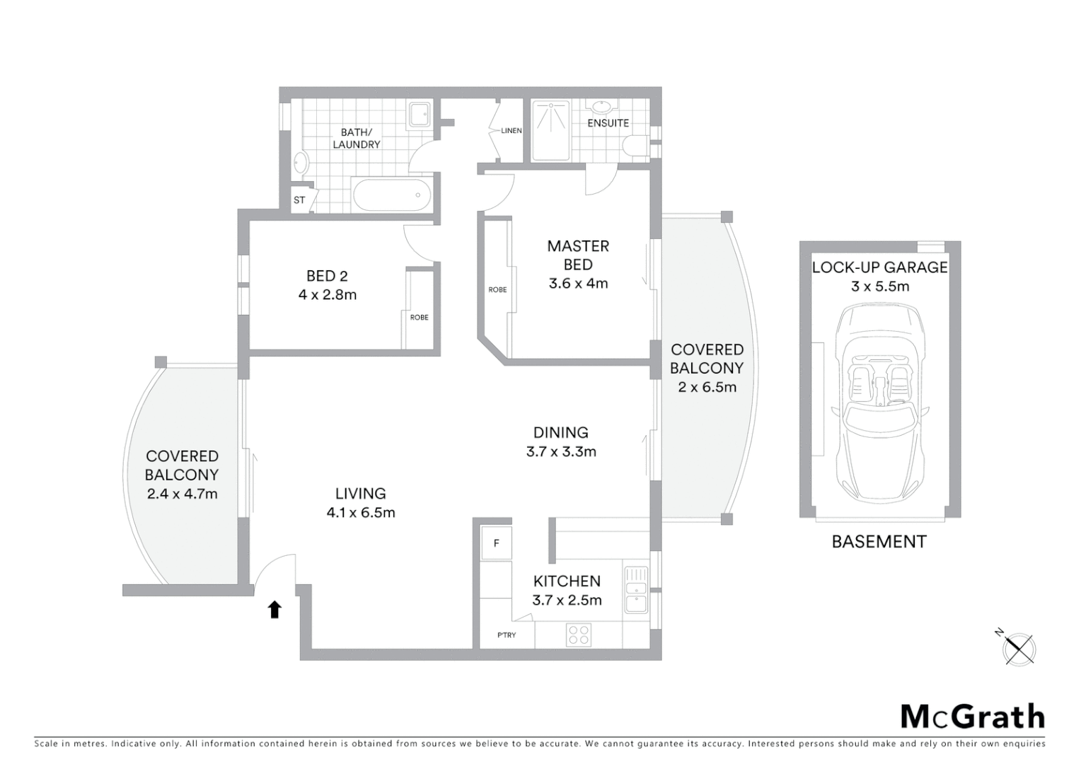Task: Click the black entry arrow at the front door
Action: point(274,609)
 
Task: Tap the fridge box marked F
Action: point(496,543)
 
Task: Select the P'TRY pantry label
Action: point(507,635)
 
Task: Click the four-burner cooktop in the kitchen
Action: point(579,635)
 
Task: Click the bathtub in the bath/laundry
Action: point(392,195)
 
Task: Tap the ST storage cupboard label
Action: point(299,199)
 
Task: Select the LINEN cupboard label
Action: point(511,130)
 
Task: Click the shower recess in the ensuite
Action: point(550,130)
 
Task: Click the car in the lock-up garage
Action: point(880,403)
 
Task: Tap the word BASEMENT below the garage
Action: point(879,541)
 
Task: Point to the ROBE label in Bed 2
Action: point(419,317)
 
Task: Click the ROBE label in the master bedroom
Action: point(497,289)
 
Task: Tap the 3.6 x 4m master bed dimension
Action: point(578,283)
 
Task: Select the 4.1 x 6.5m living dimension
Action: point(361,513)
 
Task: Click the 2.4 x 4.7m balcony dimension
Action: point(183,494)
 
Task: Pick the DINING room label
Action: point(561,432)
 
